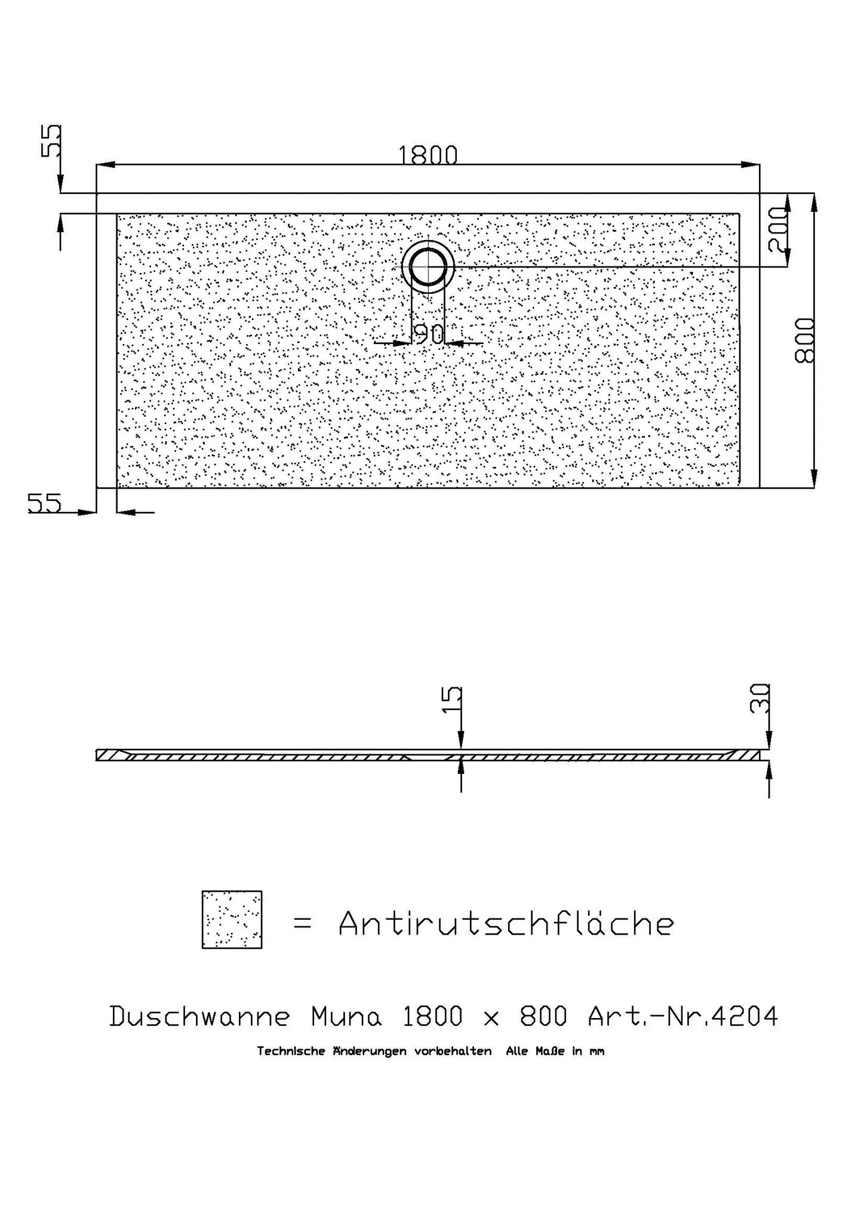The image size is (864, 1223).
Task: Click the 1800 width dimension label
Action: [x=428, y=155]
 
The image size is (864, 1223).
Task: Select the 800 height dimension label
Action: [x=805, y=340]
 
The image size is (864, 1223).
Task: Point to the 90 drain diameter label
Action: [x=428, y=334]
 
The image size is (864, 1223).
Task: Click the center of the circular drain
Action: [x=428, y=266]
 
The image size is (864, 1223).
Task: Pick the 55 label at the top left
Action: [x=51, y=141]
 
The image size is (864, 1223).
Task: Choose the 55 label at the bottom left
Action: [x=45, y=503]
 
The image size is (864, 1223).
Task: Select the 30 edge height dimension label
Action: [x=760, y=698]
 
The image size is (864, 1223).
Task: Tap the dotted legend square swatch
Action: [x=232, y=920]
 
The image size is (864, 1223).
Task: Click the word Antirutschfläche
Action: [x=506, y=923]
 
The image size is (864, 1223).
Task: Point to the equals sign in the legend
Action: [x=303, y=924]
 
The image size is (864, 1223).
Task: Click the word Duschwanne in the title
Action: [x=200, y=1016]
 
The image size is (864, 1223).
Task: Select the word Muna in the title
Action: [x=346, y=1016]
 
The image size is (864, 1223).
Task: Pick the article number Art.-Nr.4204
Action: [x=683, y=1016]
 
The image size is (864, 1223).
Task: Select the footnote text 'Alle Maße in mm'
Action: [x=555, y=1068]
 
